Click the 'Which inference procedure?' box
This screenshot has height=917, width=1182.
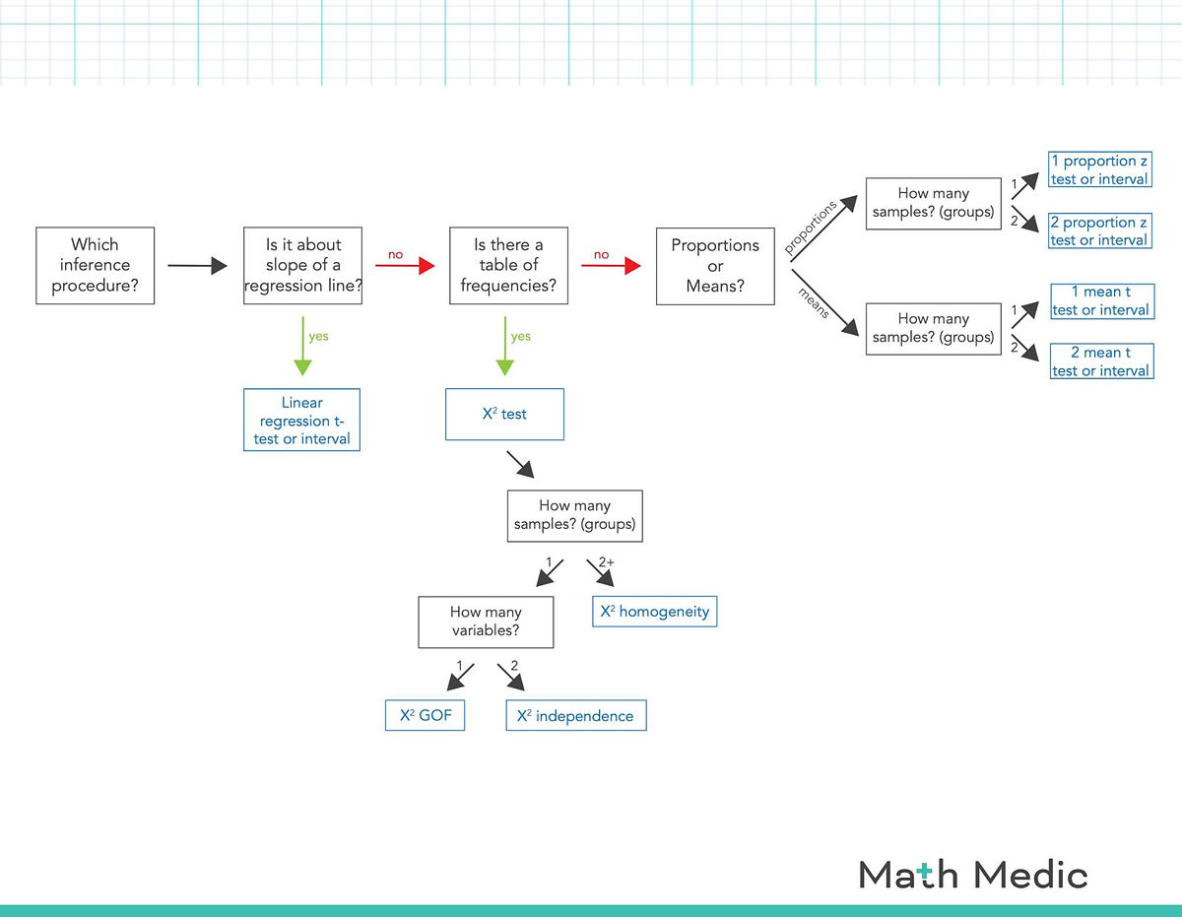(x=95, y=266)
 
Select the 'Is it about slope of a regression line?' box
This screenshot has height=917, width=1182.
(x=302, y=266)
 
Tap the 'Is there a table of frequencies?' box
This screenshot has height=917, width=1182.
(x=508, y=266)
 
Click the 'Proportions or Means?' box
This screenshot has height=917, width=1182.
(x=715, y=266)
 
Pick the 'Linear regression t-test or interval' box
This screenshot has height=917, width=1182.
(x=301, y=420)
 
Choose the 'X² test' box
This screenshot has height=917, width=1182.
(x=504, y=415)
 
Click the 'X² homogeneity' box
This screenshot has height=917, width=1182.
(x=654, y=612)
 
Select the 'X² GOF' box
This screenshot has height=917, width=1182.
(x=425, y=716)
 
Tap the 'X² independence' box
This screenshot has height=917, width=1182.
(x=575, y=716)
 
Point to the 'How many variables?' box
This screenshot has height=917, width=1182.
(x=486, y=622)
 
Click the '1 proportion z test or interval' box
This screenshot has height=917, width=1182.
(x=1099, y=169)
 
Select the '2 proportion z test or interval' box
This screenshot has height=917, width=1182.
(x=1099, y=231)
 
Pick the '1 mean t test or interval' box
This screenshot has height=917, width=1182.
(x=1100, y=300)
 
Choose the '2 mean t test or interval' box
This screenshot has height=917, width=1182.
(x=1100, y=361)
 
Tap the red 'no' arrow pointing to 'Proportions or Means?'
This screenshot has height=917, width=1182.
(x=611, y=266)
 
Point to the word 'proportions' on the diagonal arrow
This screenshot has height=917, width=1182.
(x=811, y=228)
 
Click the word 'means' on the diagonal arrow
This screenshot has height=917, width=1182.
(x=813, y=301)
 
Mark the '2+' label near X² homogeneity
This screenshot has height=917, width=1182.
(x=607, y=561)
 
